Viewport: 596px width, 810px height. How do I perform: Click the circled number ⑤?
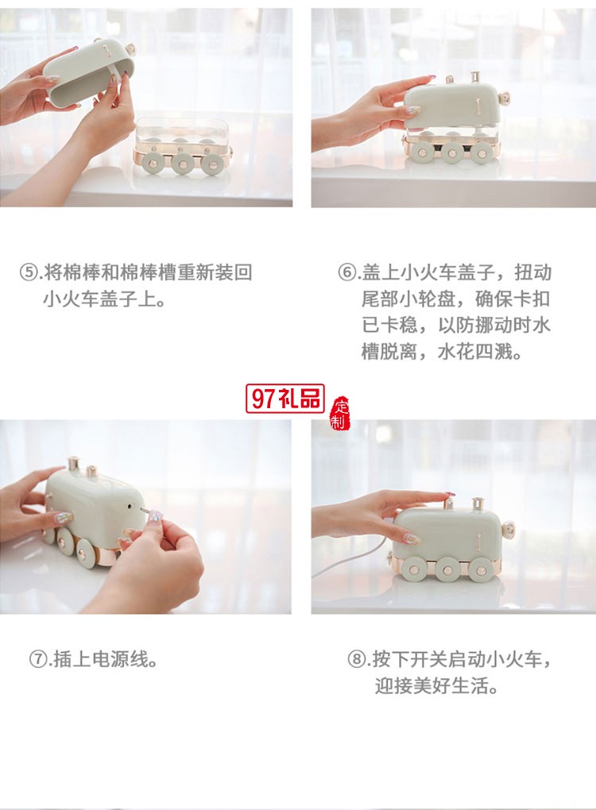(x=30, y=273)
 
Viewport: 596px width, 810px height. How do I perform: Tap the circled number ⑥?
(x=348, y=273)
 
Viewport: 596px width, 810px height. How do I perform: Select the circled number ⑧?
(x=358, y=659)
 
